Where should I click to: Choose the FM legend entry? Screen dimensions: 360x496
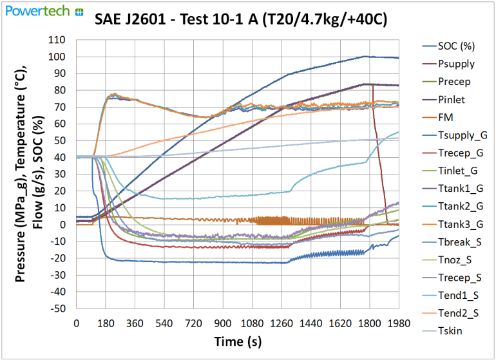[x=446, y=117]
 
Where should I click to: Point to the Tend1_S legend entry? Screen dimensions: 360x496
[x=458, y=296]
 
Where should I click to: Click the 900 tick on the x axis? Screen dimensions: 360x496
[x=223, y=322]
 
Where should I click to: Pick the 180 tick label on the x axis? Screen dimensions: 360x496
[x=106, y=322]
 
